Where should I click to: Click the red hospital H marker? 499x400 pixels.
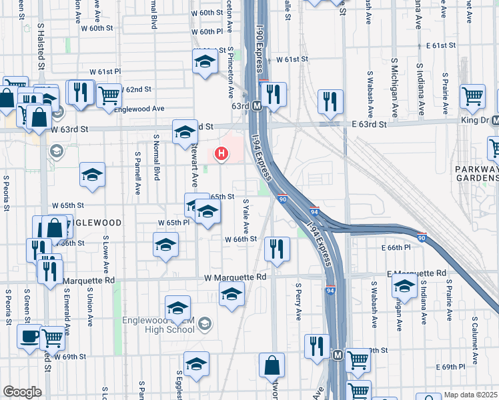point(221,154)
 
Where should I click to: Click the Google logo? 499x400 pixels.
point(22,392)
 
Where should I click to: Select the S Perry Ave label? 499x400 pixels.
point(298,298)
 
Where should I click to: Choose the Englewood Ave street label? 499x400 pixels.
point(139,108)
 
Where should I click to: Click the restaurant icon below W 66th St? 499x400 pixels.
point(276,248)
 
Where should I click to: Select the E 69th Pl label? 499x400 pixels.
point(453,367)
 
